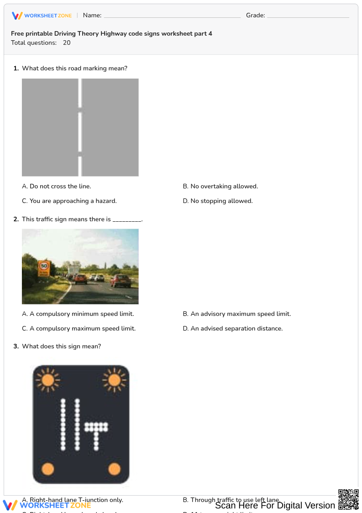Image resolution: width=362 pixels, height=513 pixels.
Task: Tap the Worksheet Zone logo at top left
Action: coord(42,16)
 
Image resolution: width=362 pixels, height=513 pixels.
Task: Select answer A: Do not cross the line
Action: coord(57,187)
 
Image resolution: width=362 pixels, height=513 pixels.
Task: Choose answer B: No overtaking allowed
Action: coord(220,187)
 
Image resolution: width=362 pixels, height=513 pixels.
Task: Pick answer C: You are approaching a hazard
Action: coord(69,201)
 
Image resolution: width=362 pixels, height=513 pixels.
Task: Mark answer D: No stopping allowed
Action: coord(218,201)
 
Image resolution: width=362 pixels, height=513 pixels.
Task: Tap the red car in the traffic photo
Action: coord(121,280)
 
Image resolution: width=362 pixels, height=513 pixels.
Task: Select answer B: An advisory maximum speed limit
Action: coord(237,314)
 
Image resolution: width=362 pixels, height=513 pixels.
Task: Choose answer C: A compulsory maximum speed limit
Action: coord(79,329)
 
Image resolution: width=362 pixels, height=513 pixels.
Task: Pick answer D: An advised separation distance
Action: coord(233,329)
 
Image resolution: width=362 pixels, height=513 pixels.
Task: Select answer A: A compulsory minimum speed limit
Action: coord(78,314)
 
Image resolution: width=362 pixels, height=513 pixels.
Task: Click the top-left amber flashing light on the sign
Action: coord(47,379)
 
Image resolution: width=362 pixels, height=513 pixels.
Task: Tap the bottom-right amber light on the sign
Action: coord(114,469)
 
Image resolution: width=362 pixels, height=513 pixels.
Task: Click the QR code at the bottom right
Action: coord(348,499)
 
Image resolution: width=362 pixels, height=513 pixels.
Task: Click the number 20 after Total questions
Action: coord(67,43)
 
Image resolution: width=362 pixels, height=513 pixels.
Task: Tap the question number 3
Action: coord(16,347)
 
